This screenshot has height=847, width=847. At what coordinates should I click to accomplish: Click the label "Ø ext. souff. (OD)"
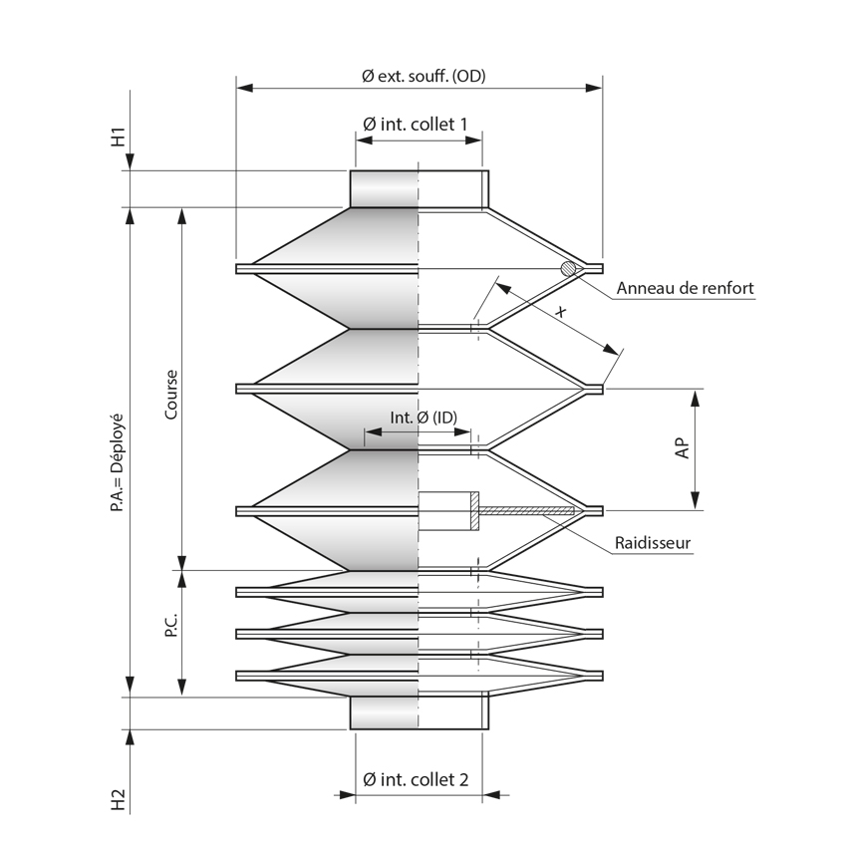(x=423, y=76)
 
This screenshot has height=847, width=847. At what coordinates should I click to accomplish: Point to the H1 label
(x=118, y=137)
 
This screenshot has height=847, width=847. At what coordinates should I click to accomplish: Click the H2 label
(x=118, y=798)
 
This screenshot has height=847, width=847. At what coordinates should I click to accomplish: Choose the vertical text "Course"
(x=171, y=395)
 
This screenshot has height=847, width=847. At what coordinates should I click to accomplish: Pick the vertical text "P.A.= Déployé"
(x=118, y=463)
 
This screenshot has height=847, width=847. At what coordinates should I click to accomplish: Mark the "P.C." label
(x=171, y=625)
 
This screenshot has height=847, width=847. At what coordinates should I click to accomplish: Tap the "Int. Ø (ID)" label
(x=423, y=419)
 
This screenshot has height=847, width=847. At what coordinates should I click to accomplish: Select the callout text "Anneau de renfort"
(x=685, y=289)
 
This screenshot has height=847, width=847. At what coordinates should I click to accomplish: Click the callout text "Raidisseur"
(x=653, y=544)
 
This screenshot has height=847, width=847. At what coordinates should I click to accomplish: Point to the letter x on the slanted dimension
(x=560, y=313)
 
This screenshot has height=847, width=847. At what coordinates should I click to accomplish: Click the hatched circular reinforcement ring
(x=569, y=268)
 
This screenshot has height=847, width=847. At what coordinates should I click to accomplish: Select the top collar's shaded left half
(x=384, y=188)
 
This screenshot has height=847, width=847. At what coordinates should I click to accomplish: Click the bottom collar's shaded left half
(x=384, y=712)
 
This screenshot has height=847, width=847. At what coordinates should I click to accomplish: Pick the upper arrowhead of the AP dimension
(x=696, y=398)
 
